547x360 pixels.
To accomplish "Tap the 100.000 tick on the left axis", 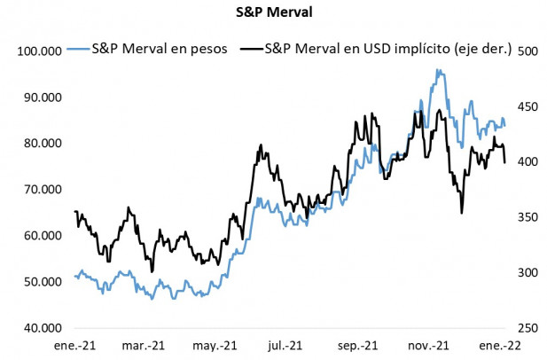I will click(39, 51).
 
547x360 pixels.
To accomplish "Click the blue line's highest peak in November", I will click(438, 70).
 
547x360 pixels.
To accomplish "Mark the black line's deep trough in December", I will click(462, 213).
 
